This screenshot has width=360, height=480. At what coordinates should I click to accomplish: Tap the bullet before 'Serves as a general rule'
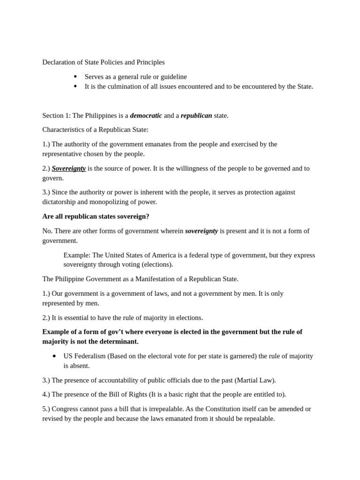[x=75, y=76]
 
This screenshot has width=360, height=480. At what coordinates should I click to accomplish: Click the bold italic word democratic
[x=146, y=115]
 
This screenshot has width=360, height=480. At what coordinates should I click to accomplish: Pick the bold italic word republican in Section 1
[x=196, y=115]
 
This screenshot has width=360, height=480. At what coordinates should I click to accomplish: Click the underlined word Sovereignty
[x=68, y=168]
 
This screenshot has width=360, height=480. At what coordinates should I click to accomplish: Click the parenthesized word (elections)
[x=157, y=264]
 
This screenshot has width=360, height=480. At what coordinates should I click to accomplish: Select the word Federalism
[x=90, y=356]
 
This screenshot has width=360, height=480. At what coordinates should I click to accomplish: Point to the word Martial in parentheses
[x=248, y=380]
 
